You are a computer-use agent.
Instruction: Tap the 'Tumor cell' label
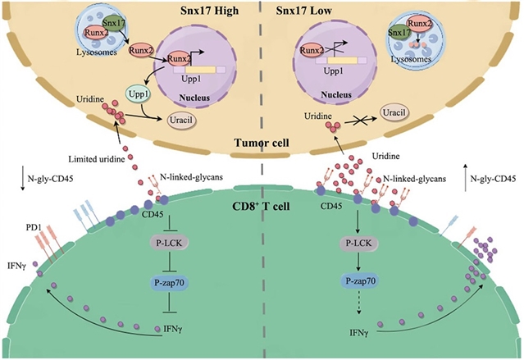253,141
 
